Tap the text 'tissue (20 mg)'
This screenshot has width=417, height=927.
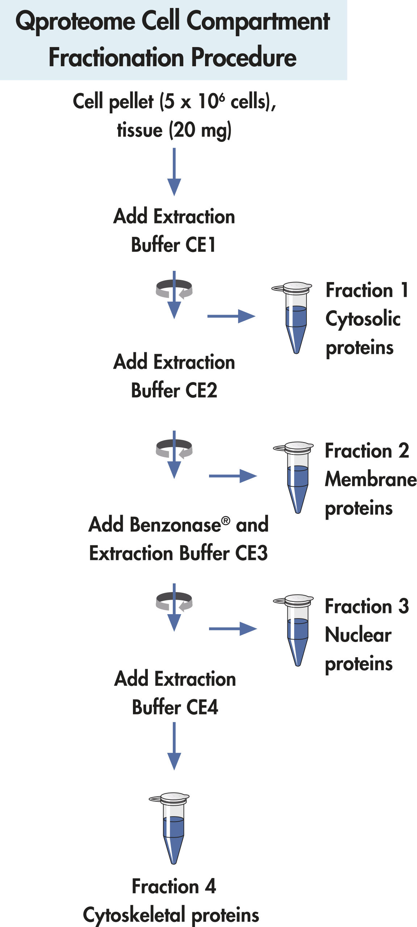(x=174, y=130)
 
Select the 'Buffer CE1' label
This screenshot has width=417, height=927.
(x=174, y=245)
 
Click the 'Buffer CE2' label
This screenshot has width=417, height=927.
(x=174, y=390)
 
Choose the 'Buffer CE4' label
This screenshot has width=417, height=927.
(x=175, y=707)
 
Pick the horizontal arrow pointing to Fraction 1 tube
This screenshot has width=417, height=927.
(x=231, y=316)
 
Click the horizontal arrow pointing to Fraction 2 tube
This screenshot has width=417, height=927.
(x=233, y=476)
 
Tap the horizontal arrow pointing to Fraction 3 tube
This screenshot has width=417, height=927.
(x=233, y=629)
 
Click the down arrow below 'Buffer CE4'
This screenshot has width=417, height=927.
(x=174, y=746)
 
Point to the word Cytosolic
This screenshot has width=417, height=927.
(x=363, y=319)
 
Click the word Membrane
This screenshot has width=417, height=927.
(x=371, y=479)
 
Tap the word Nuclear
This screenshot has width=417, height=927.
(x=358, y=635)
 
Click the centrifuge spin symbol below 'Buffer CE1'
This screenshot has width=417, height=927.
(x=174, y=289)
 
